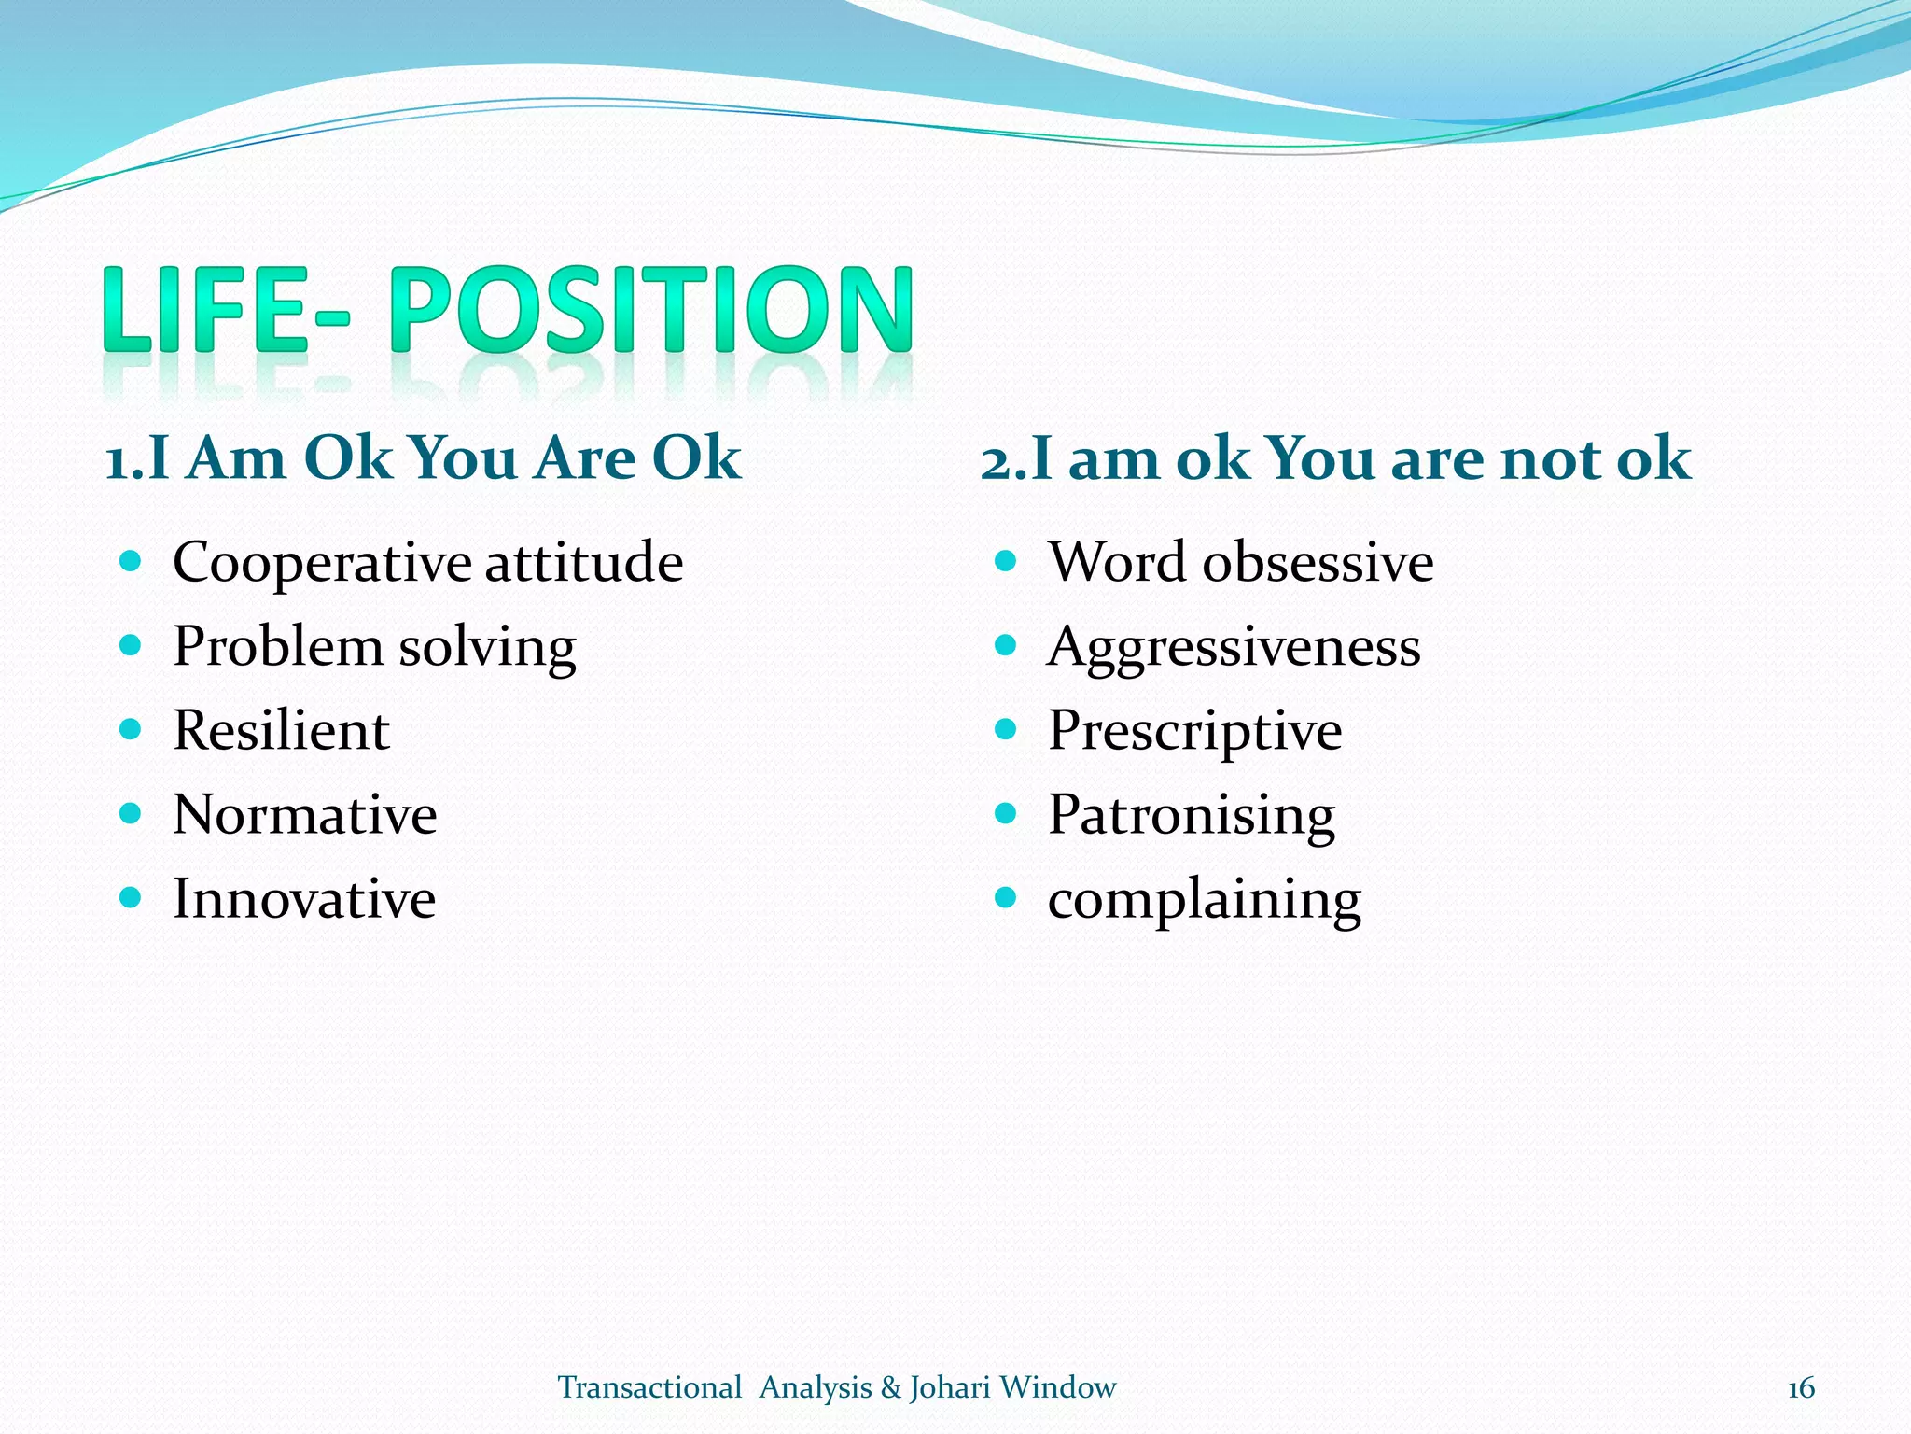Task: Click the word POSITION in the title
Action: point(650,310)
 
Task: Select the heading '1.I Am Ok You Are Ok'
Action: point(423,458)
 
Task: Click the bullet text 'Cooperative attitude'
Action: point(427,563)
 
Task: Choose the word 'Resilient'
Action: point(281,730)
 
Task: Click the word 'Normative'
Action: point(304,814)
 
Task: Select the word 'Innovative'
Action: point(304,898)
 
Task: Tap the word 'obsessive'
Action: point(1318,563)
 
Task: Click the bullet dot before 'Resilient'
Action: point(131,729)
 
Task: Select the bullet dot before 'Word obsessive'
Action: point(1005,561)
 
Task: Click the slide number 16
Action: point(1800,1388)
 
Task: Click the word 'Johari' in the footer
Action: point(950,1388)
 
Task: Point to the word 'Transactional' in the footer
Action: point(649,1388)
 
